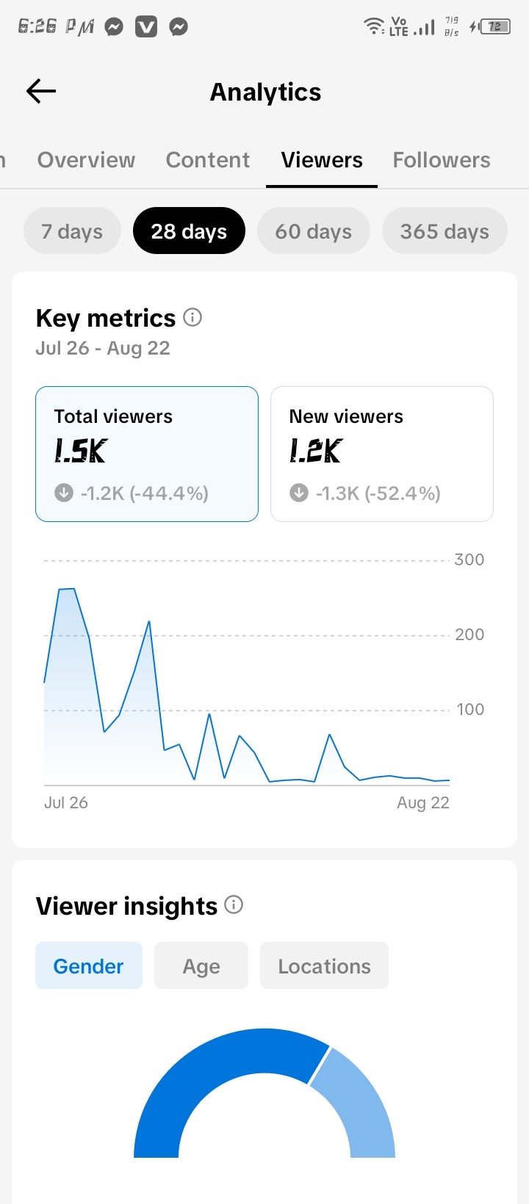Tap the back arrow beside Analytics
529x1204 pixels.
coord(41,91)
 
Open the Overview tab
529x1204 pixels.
coord(86,159)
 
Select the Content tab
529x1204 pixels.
coord(208,159)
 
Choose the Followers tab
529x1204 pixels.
coord(442,159)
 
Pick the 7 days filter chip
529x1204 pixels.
coord(72,231)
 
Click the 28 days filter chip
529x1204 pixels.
coord(189,231)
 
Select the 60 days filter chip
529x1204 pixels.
coord(313,231)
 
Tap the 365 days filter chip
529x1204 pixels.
coord(445,231)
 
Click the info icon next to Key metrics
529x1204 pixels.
coord(192,318)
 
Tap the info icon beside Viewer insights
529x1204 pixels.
coord(234,904)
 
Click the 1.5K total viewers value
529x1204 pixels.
coord(81,451)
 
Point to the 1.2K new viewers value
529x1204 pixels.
coord(316,451)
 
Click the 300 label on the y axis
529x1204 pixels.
coord(469,559)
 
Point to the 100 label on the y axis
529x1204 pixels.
coord(470,709)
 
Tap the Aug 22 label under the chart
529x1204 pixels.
coord(423,802)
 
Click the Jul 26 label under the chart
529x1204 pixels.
coord(65,802)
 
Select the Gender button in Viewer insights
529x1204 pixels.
coord(89,966)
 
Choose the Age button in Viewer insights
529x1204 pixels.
coord(201,966)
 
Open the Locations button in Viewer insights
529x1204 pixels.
coord(324,966)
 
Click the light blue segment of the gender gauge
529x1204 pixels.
coord(361,1102)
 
